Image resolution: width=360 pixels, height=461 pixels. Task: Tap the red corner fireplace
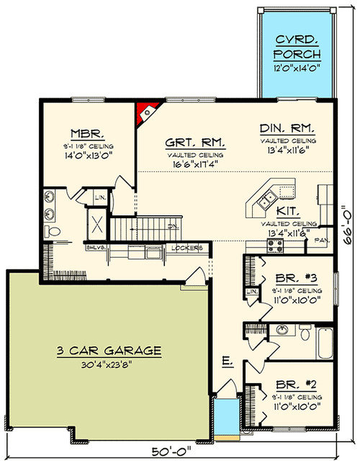(146, 112)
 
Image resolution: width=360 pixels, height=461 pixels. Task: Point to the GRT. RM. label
(189, 143)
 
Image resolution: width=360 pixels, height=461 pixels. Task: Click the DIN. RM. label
(287, 128)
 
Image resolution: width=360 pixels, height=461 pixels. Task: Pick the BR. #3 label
(288, 278)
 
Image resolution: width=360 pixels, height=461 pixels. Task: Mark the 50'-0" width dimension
(171, 452)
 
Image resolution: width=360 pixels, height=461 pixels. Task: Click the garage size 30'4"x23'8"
(109, 364)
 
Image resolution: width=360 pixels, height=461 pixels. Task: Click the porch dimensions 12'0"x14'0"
(297, 68)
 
